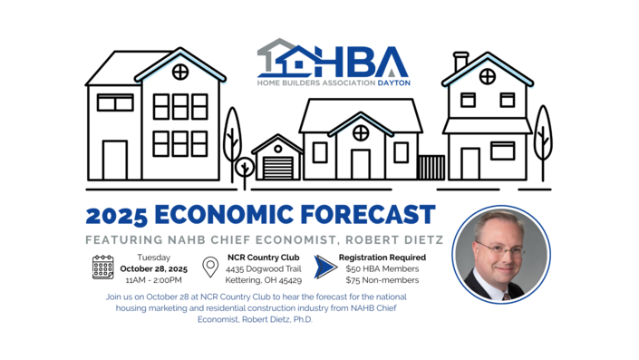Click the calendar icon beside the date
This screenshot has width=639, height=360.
coord(102,267)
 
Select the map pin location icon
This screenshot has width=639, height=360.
coord(210,268)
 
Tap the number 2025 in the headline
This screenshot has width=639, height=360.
coord(117,216)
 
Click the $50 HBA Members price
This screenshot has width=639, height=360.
coord(383,268)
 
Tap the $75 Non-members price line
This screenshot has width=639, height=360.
coord(381,280)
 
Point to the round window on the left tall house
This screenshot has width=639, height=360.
coord(180,71)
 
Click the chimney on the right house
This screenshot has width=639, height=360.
coord(460,62)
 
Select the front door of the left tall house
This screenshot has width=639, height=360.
coord(115,160)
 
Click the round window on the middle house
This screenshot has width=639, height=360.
coord(361,133)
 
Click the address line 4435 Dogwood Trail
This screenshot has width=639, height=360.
coord(262,268)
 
